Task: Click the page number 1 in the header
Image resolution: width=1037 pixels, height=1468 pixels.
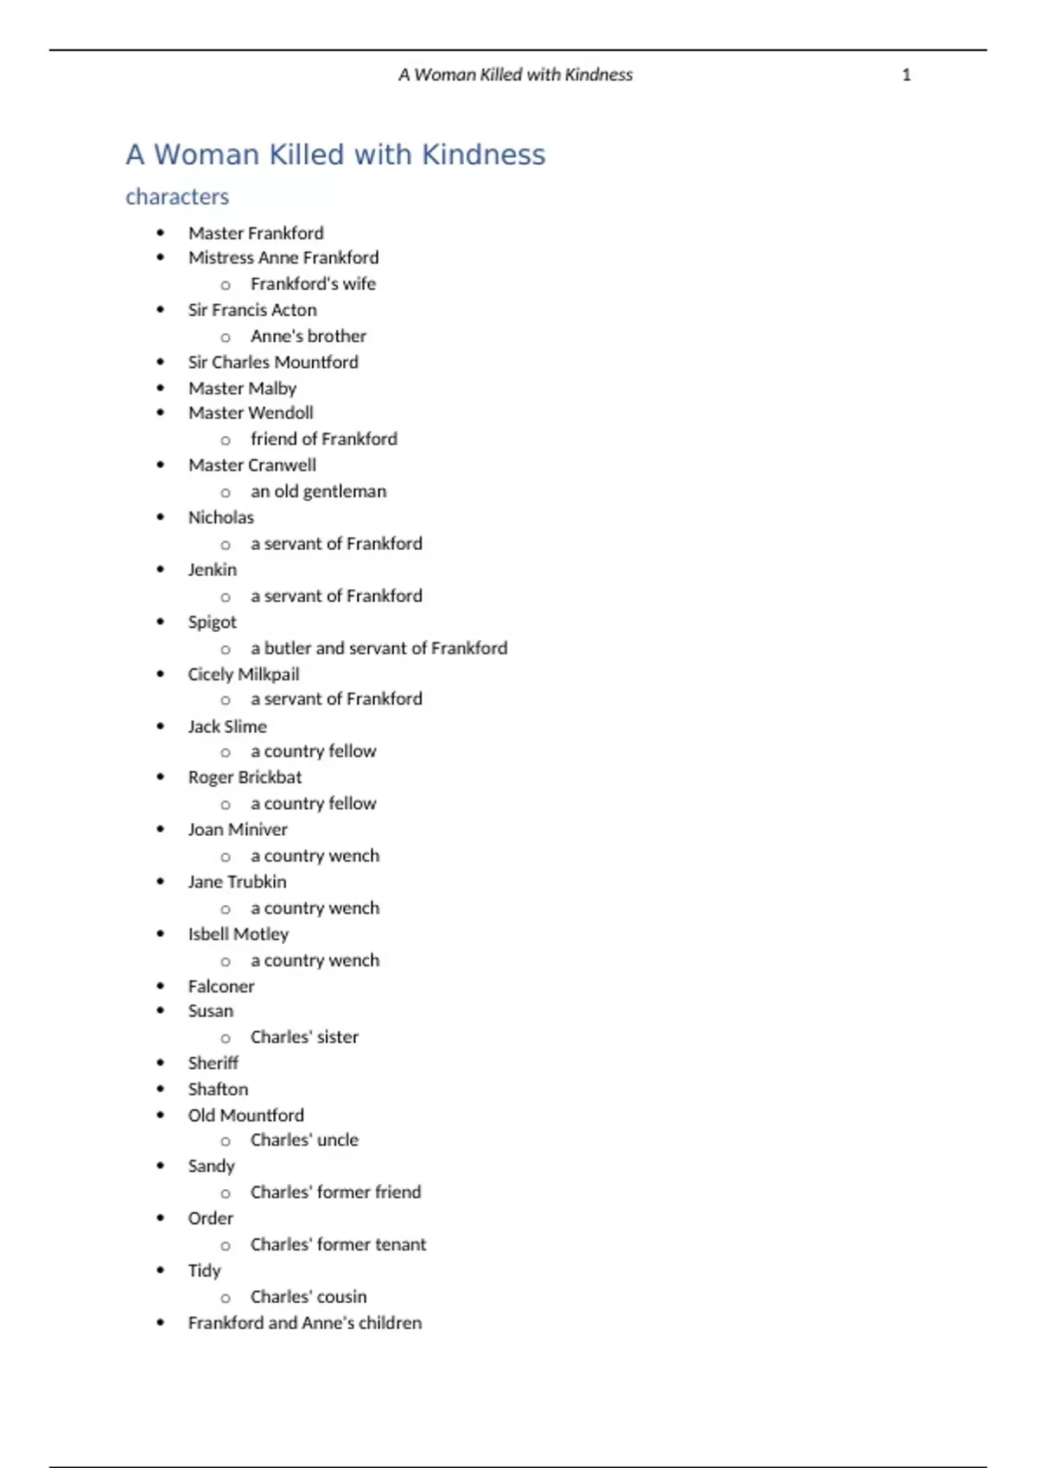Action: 906,75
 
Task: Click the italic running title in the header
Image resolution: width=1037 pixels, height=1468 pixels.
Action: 515,75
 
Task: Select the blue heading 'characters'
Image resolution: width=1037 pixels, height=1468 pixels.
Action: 177,197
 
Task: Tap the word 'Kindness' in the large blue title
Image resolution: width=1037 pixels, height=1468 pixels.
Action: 483,155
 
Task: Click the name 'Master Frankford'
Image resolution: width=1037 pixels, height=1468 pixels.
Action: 256,233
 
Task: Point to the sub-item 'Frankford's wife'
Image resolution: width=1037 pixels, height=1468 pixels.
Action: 313,284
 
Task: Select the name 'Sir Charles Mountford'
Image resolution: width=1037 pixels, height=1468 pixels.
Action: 273,363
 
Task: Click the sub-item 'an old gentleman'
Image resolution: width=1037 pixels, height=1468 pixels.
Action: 318,491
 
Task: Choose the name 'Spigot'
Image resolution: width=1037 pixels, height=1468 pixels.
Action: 212,623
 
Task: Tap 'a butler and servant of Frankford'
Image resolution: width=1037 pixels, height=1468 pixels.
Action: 379,649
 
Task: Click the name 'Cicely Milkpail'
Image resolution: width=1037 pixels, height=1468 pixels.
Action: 244,674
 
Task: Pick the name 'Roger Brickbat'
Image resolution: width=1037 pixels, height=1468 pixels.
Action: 245,777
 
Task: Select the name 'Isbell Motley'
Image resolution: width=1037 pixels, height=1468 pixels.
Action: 239,934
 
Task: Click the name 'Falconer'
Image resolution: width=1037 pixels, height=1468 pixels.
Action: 221,986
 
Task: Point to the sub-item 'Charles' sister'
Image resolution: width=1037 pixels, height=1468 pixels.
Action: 304,1037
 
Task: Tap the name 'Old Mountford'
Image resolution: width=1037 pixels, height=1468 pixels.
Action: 245,1116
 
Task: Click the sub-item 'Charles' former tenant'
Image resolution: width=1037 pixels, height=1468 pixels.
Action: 338,1244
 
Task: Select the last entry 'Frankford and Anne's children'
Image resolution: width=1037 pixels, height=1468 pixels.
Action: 305,1323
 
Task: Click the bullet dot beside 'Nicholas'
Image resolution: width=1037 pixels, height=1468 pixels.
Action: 161,517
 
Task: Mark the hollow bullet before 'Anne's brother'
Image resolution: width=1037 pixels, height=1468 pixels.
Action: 226,338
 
